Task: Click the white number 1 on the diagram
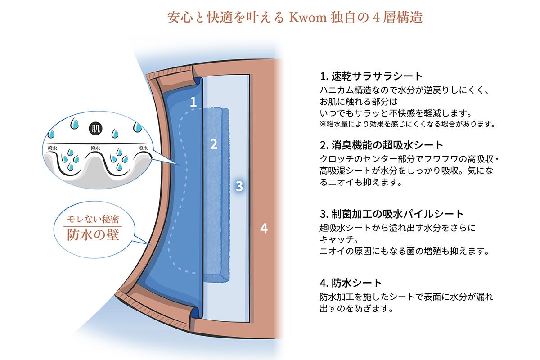pos(193,102)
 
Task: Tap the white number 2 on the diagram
pos(214,144)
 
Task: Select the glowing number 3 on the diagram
pos(239,186)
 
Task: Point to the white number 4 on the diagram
pos(264,229)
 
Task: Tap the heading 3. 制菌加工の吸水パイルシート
pos(391,213)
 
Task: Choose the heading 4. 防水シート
pos(351,283)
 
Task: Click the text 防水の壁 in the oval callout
pos(94,234)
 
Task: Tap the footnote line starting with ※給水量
pos(407,124)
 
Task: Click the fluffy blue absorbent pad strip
pos(217,193)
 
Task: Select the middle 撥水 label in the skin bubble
pos(94,148)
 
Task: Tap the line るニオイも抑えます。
pos(360,182)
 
